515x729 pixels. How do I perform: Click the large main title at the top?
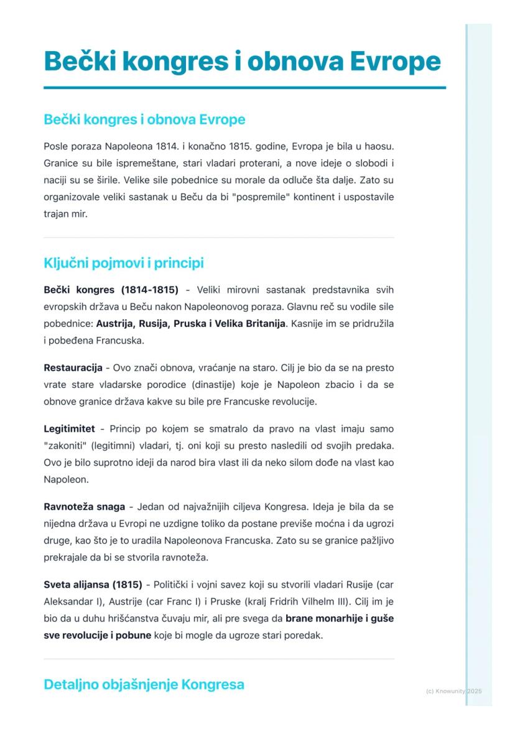242,62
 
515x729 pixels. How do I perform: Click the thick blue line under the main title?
244,88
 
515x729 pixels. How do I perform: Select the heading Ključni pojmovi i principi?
124,263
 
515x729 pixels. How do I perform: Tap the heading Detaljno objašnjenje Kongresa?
144,685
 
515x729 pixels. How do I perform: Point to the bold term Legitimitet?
69,429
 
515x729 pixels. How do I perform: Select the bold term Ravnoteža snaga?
84,506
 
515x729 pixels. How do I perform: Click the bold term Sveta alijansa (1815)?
93,585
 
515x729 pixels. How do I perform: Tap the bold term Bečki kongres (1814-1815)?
111,289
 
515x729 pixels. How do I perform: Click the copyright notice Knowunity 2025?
454,691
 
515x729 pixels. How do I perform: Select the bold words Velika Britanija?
249,324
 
